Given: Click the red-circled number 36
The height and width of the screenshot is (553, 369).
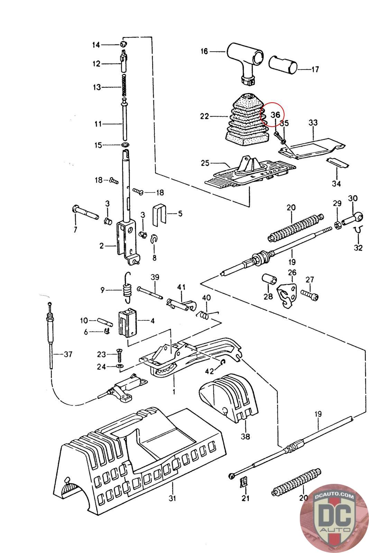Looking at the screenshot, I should pos(275,115).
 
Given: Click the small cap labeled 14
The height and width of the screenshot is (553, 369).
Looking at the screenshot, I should pos(123,44).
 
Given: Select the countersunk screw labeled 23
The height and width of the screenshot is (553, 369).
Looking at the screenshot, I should pos(119,355).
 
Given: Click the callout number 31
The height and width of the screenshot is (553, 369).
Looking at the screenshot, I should pos(172,498).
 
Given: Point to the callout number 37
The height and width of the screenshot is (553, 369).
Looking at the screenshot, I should pos(68,354).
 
